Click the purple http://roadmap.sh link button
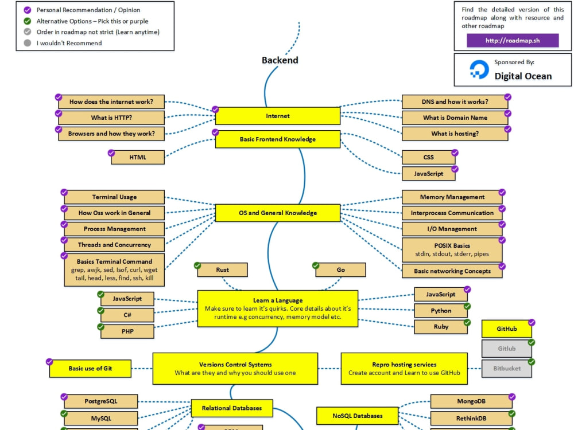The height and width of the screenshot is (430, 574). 513,40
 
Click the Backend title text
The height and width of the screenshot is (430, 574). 280,60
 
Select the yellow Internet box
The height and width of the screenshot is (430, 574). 277,116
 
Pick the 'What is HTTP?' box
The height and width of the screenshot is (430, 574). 111,118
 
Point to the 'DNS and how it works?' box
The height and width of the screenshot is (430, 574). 455,101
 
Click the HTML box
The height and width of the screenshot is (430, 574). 138,157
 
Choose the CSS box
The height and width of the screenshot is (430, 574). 428,157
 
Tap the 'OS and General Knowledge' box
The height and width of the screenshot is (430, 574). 277,213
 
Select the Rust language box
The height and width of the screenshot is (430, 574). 222,270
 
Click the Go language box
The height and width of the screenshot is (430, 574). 340,270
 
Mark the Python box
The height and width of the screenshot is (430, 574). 441,311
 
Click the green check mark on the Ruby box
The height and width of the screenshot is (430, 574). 467,322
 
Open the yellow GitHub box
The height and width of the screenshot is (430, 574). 507,329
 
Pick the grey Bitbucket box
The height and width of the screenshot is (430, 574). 507,369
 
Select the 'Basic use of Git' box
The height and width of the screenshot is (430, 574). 90,369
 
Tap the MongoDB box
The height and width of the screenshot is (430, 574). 471,401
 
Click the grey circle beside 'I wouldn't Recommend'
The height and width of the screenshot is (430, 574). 28,43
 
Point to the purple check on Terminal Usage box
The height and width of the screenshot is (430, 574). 64,192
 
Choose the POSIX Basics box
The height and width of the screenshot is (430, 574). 452,250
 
